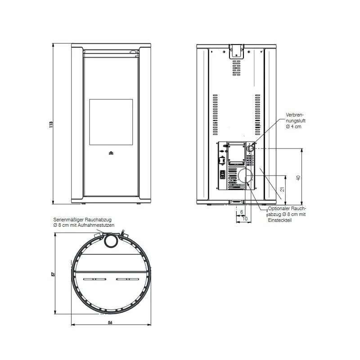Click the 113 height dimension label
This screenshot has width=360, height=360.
(x=51, y=125)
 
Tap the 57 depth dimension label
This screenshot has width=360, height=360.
(x=53, y=274)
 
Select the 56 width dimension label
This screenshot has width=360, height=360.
(x=110, y=323)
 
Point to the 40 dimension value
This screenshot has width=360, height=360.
(x=298, y=178)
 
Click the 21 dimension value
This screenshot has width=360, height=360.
(x=283, y=189)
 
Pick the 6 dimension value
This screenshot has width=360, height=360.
(x=242, y=212)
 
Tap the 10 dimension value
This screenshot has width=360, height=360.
(x=245, y=219)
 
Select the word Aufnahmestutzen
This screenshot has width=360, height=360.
(x=96, y=225)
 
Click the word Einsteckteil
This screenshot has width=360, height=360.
(x=280, y=220)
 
